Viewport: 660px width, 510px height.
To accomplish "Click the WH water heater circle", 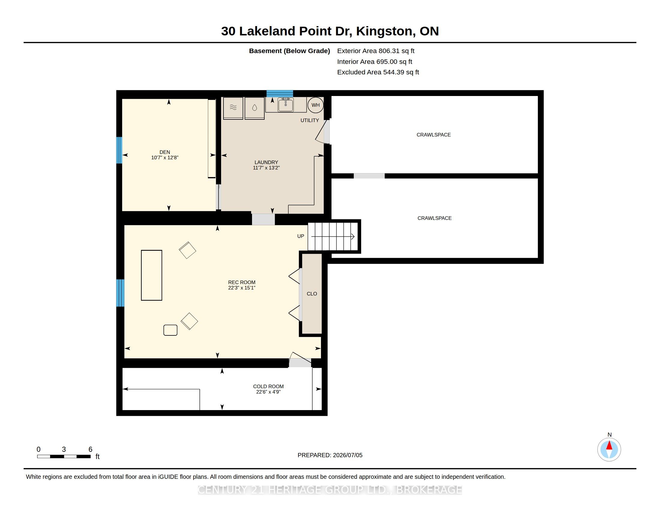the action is tap(316, 105).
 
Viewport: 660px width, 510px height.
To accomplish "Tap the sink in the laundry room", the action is tap(286, 105).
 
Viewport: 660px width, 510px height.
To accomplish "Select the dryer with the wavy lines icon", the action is tap(233, 108).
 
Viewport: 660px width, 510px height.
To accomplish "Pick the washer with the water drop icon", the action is tap(254, 108).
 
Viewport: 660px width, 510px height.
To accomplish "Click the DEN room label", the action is tap(165, 152).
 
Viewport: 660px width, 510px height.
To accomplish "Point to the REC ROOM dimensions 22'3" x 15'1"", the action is tap(242, 288).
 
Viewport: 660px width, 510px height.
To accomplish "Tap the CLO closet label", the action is tap(312, 294).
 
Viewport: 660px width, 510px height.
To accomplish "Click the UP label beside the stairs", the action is tap(301, 236).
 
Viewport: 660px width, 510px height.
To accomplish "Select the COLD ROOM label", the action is tap(268, 386).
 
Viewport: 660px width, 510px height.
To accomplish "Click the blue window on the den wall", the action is tap(119, 150).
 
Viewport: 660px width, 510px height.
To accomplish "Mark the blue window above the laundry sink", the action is tap(280, 93).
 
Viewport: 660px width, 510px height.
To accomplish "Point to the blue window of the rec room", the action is tap(120, 293).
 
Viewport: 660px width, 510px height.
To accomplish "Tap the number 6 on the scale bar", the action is tap(90, 449).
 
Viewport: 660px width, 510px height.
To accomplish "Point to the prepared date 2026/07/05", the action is tap(347, 455).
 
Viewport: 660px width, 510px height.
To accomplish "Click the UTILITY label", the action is tap(310, 120).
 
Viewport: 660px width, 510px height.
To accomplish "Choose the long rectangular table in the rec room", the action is tap(152, 275).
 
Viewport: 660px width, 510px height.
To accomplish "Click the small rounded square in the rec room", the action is tap(170, 330).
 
